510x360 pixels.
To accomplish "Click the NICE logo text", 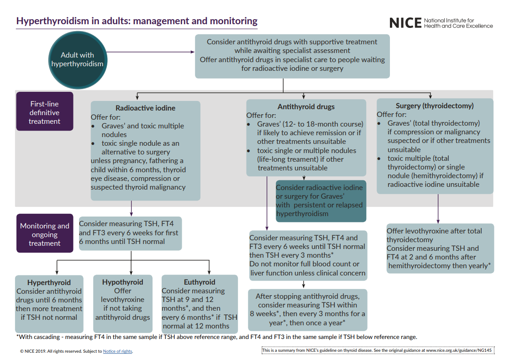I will pyautogui.click(x=405, y=22).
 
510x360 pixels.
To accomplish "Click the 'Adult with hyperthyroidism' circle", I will pyautogui.click(x=77, y=60).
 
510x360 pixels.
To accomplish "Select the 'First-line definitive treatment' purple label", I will pyautogui.click(x=45, y=112).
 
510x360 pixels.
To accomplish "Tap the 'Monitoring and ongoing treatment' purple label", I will pyautogui.click(x=45, y=234).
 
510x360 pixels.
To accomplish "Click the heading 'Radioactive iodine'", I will pyautogui.click(x=145, y=108).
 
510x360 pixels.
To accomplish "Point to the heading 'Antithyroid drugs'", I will pyautogui.click(x=306, y=106).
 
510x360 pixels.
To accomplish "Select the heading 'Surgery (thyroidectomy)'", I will pyautogui.click(x=434, y=106).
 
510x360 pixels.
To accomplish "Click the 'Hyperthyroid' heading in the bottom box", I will pyautogui.click(x=49, y=282).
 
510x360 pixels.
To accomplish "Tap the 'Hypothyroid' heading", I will pyautogui.click(x=122, y=282).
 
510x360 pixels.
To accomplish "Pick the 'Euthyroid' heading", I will pyautogui.click(x=200, y=282).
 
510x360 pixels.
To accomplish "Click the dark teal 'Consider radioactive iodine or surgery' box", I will pyautogui.click(x=321, y=201).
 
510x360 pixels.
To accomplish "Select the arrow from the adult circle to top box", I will pyautogui.click(x=151, y=52).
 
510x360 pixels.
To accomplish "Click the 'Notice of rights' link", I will pyautogui.click(x=117, y=351).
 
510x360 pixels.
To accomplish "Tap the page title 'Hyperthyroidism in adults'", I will pyautogui.click(x=137, y=21).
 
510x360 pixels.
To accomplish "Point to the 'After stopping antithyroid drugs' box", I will pyautogui.click(x=307, y=309).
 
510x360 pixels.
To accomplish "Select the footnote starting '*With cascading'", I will pyautogui.click(x=216, y=337).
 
